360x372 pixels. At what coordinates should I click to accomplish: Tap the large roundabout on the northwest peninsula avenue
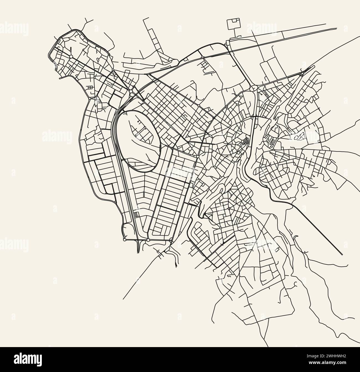71,57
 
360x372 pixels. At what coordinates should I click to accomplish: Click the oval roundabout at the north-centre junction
254,88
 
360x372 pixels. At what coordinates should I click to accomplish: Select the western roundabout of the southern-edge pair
125,239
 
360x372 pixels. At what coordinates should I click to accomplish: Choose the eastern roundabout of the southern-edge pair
148,240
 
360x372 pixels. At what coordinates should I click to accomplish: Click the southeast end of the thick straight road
342,253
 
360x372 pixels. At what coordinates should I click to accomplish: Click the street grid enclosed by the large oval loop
141,133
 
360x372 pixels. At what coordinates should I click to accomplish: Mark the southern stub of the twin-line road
138,251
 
